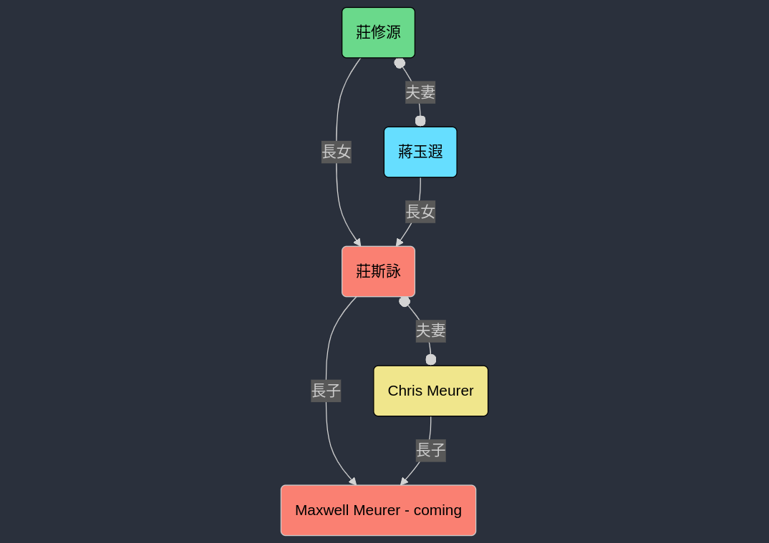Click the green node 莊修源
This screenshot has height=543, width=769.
[x=378, y=32]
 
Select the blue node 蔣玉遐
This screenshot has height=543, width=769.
[x=420, y=152]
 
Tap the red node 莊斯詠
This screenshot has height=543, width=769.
[x=378, y=271]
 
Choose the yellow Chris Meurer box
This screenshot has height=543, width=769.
[x=430, y=391]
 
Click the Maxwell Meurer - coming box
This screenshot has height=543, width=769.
[x=378, y=510]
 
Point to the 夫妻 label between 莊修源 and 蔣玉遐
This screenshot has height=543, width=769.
[x=420, y=92]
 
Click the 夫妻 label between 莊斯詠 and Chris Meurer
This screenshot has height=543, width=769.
[x=430, y=331]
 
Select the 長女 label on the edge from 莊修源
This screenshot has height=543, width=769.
[x=337, y=152]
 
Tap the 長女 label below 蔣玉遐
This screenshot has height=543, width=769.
[x=420, y=212]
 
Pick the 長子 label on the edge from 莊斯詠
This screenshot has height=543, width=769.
[x=326, y=391]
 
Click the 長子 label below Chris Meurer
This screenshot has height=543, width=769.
[x=430, y=450]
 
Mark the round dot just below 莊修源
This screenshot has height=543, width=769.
[x=400, y=63]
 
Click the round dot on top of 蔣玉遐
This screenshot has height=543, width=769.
[x=420, y=121]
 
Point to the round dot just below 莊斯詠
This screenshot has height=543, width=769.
[x=405, y=301]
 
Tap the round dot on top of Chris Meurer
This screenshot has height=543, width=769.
[x=430, y=359]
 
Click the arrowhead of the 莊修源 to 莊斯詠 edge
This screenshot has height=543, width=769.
[x=357, y=243]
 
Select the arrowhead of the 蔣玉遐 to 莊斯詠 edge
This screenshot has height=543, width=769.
[x=399, y=243]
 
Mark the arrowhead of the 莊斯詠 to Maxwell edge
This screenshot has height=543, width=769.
[x=353, y=481]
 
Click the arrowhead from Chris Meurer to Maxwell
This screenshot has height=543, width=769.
[x=404, y=481]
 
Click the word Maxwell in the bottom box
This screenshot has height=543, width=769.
[x=321, y=510]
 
